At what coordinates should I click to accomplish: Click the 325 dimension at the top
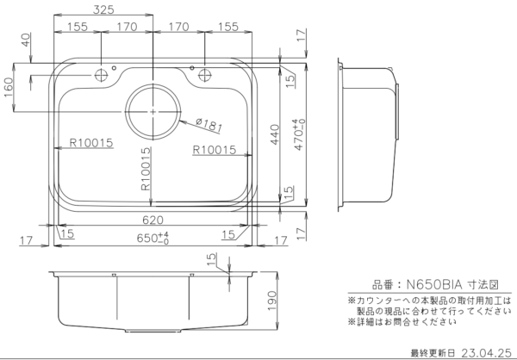[x=103, y=10]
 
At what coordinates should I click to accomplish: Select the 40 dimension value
[x=26, y=40]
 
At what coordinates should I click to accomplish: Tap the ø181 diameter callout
[x=209, y=125]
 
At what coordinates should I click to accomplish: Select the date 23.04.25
[x=486, y=352]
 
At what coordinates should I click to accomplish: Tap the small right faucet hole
[x=205, y=73]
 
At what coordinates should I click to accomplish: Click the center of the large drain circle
[x=153, y=112]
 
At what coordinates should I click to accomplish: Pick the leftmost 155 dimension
[x=78, y=28]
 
